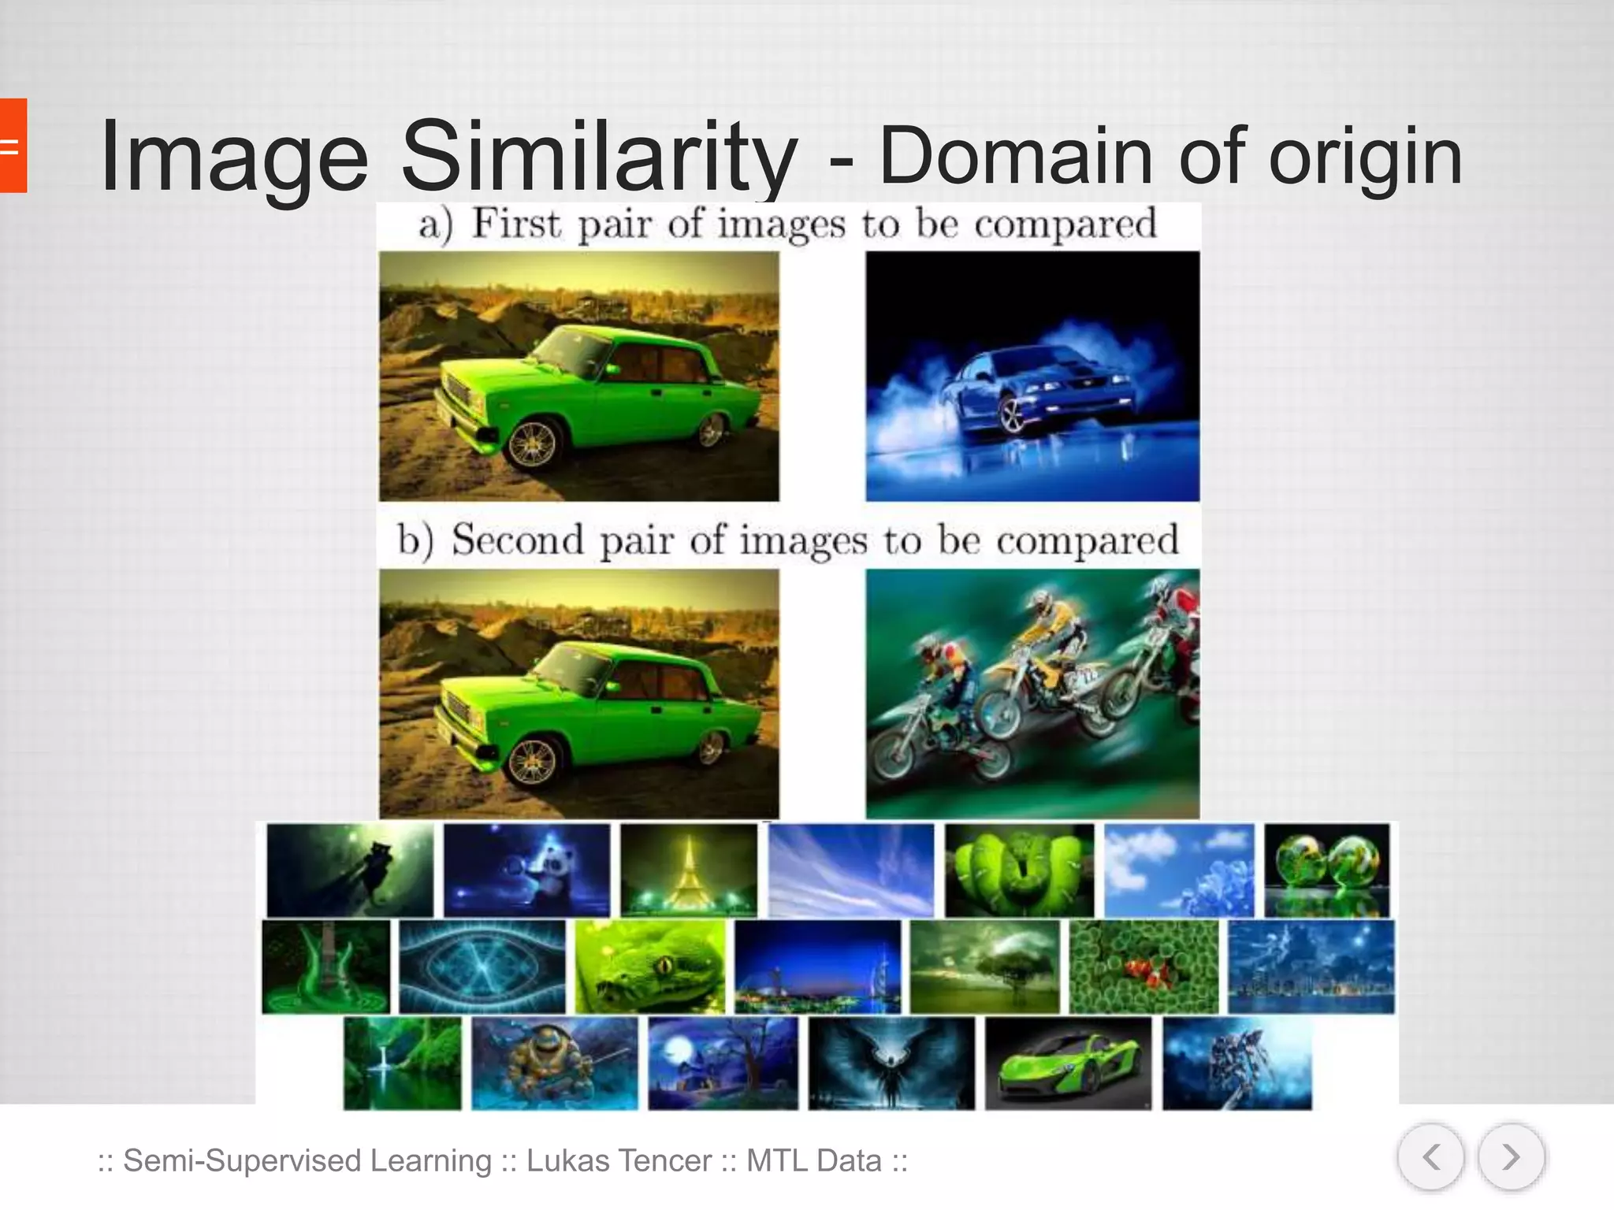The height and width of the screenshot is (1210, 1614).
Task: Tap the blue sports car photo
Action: (x=1032, y=377)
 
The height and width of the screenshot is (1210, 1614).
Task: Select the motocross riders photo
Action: (x=1032, y=693)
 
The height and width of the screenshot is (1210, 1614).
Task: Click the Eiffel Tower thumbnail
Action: (x=689, y=870)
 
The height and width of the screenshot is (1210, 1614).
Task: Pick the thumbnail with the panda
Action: (x=526, y=870)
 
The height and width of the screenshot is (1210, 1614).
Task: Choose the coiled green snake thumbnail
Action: (x=1020, y=870)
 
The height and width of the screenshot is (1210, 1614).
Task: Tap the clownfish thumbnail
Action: (x=1144, y=967)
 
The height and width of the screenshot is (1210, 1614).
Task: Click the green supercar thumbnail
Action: (x=1068, y=1063)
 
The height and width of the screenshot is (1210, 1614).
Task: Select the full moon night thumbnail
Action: (x=723, y=1063)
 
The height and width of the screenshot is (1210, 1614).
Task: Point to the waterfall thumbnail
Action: (x=403, y=1063)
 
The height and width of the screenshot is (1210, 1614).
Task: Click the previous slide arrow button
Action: (x=1430, y=1157)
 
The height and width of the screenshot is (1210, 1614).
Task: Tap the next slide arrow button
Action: (x=1511, y=1157)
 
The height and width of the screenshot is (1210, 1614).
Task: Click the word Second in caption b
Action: (x=517, y=541)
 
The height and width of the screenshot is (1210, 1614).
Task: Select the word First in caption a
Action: (x=517, y=224)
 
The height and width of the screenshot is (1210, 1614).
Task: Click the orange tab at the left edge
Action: (x=13, y=146)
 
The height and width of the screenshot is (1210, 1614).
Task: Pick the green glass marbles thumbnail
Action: (x=1327, y=870)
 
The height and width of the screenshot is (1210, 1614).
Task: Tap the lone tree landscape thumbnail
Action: (x=985, y=967)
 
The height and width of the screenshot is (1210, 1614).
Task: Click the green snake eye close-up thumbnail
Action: (x=649, y=967)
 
